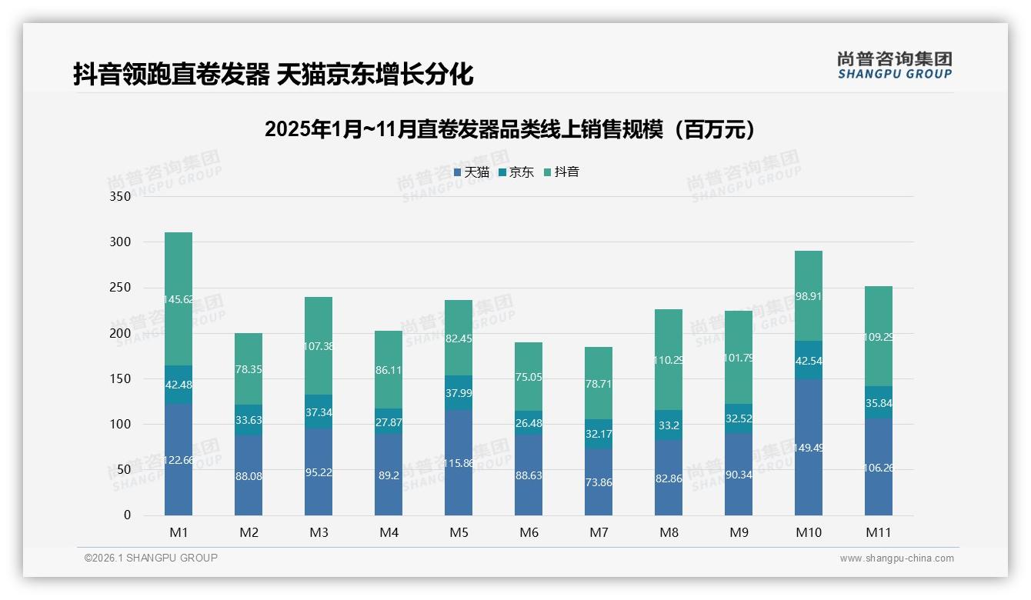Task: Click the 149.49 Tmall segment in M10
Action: point(808,447)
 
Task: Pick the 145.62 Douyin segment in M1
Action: point(179,298)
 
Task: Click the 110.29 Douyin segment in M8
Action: point(669,359)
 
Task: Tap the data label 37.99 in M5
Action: point(459,392)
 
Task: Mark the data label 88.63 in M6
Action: point(529,475)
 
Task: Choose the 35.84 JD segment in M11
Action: point(878,402)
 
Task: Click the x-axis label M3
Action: point(319,532)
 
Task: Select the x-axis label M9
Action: point(739,532)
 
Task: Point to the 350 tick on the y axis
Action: point(121,196)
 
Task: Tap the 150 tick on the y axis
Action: point(121,378)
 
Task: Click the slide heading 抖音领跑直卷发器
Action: point(273,74)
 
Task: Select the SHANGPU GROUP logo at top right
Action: point(894,65)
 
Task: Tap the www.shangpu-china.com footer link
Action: point(896,558)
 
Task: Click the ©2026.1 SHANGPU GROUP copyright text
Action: point(151,558)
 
